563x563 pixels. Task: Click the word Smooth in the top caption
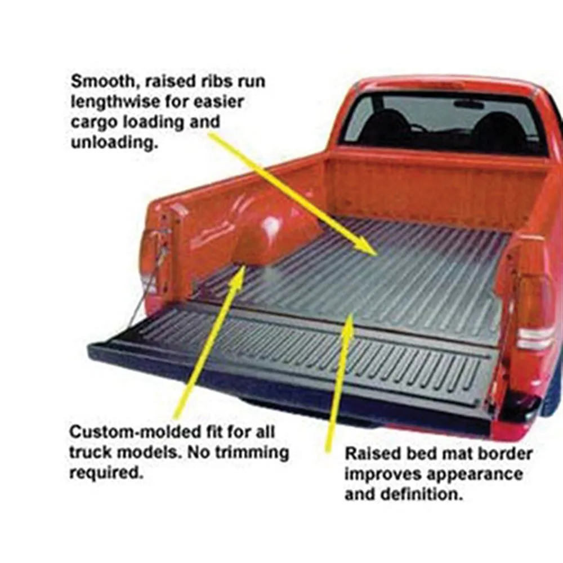104,82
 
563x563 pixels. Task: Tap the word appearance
475,474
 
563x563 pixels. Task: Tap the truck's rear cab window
445,124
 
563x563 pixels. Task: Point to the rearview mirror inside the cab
469,104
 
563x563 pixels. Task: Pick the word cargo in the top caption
95,122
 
